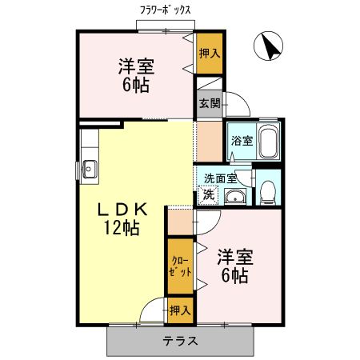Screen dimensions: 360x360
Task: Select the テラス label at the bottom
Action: pos(181,341)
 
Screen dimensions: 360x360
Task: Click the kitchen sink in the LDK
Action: pos(89,169)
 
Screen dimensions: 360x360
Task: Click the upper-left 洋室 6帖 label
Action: pos(136,74)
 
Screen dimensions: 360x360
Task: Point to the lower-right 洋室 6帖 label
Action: pos(234,266)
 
